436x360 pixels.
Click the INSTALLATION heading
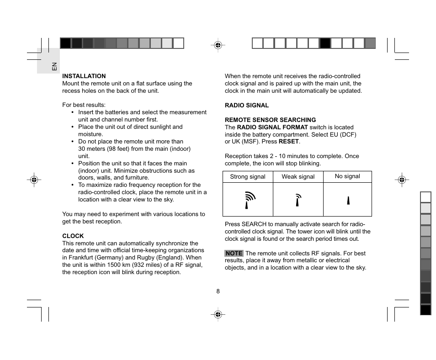[84, 76]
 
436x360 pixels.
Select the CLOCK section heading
[73, 236]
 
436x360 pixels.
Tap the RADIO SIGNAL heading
[247, 106]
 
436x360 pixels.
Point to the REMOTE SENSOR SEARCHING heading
[270, 120]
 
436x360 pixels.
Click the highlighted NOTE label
[234, 254]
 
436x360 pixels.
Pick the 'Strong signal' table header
[248, 177]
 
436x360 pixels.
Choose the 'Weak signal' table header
[298, 177]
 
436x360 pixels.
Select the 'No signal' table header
[347, 176]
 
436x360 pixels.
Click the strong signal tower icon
[249, 200]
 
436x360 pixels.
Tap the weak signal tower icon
[298, 200]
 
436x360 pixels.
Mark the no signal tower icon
[348, 200]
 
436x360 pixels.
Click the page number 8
[218, 291]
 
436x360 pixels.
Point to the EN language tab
[54, 66]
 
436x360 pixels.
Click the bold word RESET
[289, 142]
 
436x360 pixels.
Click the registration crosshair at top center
[218, 45]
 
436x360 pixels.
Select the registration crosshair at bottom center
[218, 314]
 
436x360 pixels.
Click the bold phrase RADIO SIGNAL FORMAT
[272, 127]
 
